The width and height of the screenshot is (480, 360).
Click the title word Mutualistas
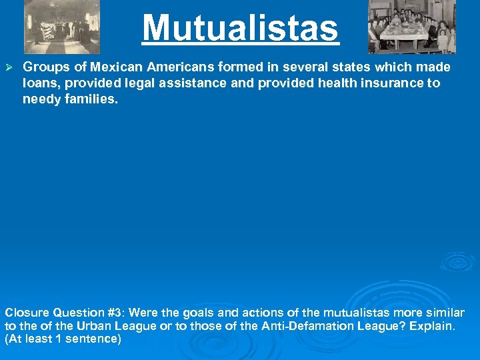[240, 29]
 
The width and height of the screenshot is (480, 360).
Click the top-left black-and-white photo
[62, 27]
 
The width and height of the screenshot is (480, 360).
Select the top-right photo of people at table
[412, 27]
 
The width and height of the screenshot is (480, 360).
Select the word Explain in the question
[431, 326]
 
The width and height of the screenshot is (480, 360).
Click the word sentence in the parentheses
[94, 339]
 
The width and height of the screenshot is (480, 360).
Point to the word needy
[39, 99]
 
